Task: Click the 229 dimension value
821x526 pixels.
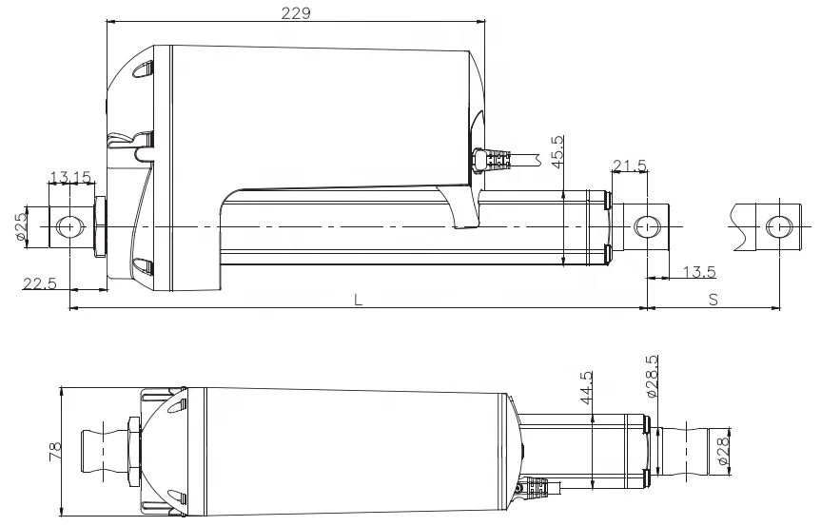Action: pos(296,13)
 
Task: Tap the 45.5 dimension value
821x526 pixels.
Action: pos(557,152)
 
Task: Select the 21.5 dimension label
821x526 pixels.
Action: pos(630,166)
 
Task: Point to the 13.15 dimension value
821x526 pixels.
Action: pos(70,177)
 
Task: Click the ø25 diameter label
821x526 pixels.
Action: pos(21,226)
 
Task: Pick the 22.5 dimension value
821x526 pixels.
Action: pos(39,283)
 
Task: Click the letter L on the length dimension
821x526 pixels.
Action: pos(358,300)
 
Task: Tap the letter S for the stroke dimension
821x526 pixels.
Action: pos(713,300)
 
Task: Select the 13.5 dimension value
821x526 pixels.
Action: pos(699,272)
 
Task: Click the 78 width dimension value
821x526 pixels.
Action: pos(55,452)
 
